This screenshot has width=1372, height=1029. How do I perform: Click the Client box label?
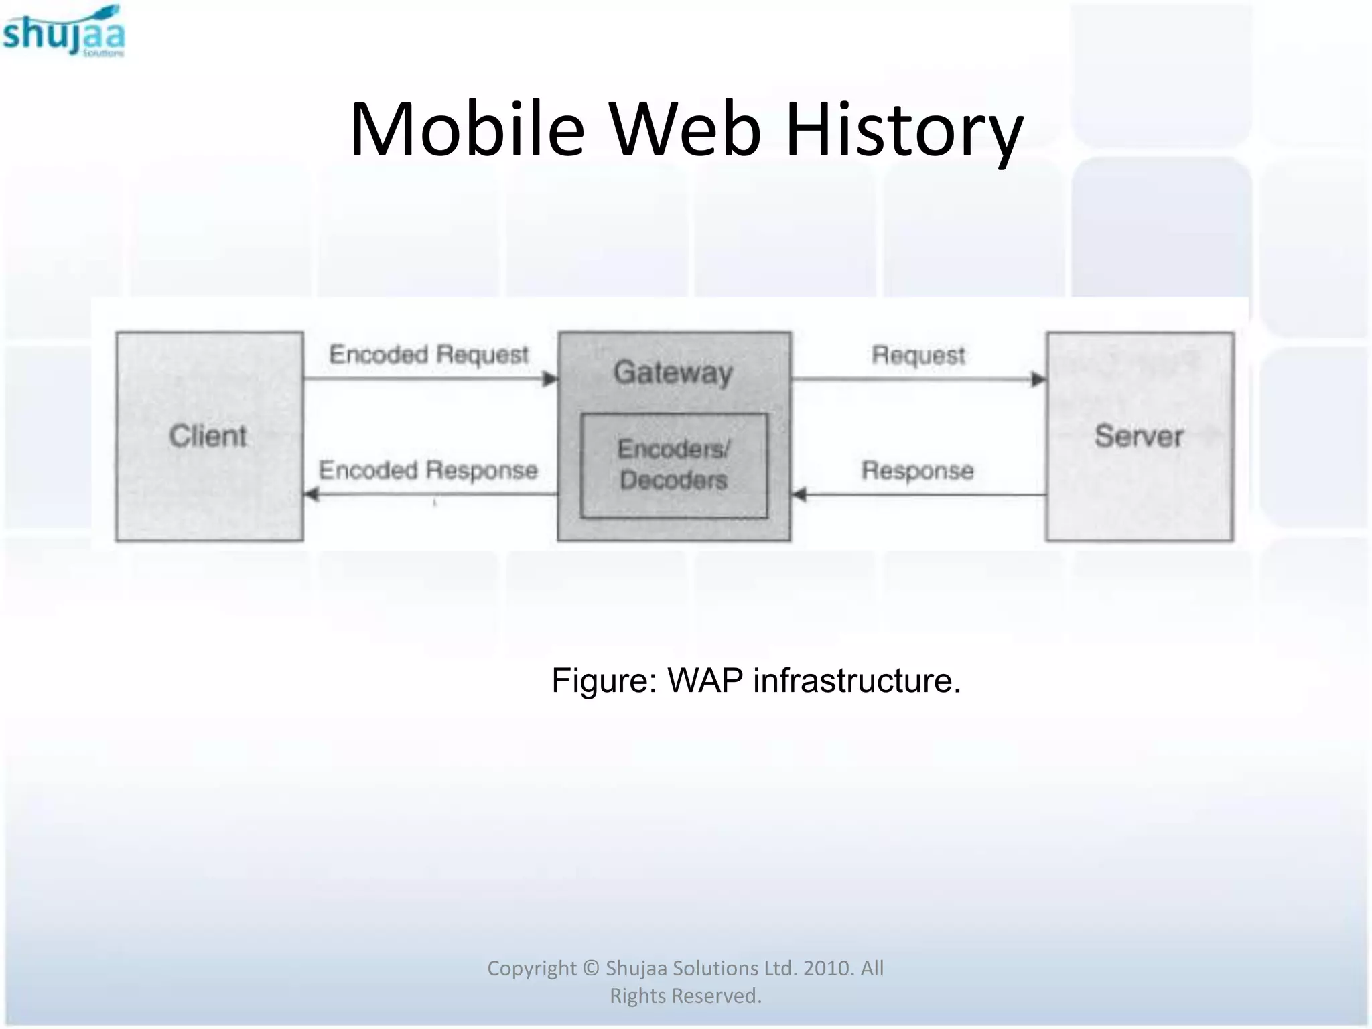tap(208, 436)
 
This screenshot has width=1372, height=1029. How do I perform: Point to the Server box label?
tap(1139, 436)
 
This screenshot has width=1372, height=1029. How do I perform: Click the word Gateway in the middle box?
tap(673, 372)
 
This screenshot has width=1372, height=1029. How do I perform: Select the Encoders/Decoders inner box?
tap(674, 465)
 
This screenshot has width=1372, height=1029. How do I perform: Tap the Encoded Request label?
tap(429, 354)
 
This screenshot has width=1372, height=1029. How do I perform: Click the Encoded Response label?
tap(428, 470)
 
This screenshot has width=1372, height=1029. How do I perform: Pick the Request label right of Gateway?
tap(918, 355)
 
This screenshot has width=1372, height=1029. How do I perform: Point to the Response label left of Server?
tap(917, 470)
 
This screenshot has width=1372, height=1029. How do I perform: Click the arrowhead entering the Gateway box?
tap(550, 379)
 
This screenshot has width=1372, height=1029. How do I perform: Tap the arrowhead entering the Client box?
tap(312, 495)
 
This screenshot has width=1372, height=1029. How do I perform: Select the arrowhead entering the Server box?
tap(1038, 380)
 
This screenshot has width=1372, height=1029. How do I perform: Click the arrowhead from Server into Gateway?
tap(799, 495)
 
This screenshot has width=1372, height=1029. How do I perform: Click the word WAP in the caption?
tap(705, 681)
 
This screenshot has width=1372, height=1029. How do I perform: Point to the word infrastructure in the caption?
tap(857, 681)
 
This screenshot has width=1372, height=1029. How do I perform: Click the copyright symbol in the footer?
tap(590, 968)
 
